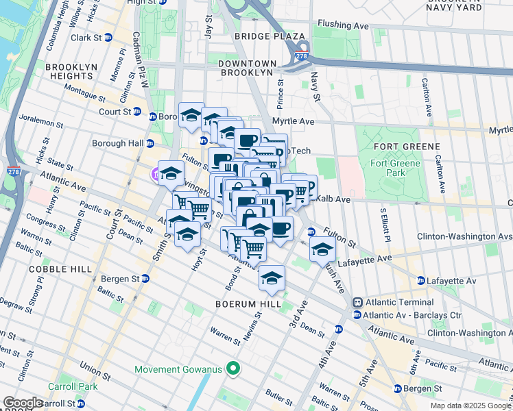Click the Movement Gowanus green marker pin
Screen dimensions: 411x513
[x=233, y=369]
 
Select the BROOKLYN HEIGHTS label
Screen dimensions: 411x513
[x=64, y=72]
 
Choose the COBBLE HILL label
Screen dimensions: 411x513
[x=41, y=269]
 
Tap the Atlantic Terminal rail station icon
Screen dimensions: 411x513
[x=357, y=302]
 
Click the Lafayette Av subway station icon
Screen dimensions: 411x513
[x=420, y=281]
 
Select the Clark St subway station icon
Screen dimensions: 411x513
[x=108, y=37]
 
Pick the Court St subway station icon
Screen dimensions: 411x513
[x=136, y=112]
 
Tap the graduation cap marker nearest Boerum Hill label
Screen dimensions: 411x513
[x=272, y=278]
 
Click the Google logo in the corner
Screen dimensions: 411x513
[x=23, y=403]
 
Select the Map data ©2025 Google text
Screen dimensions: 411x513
[x=470, y=406]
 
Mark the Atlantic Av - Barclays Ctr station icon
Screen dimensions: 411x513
[x=357, y=314]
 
